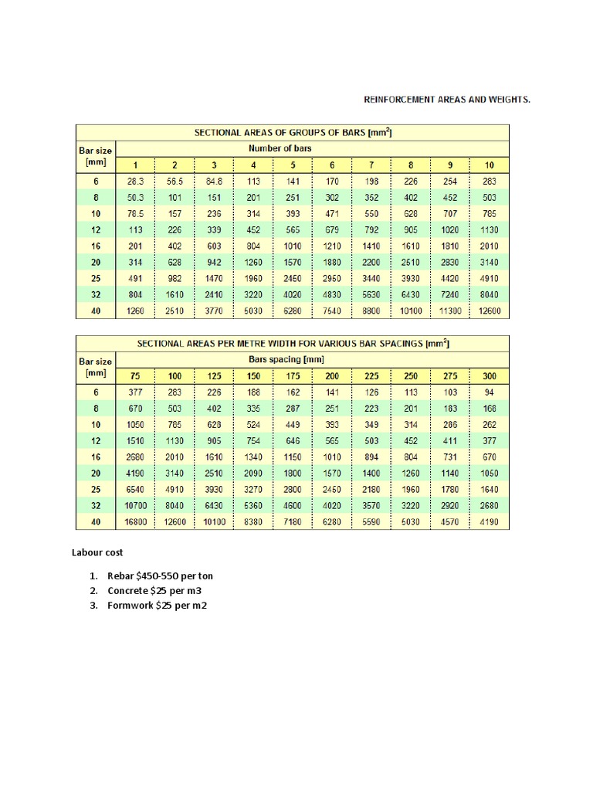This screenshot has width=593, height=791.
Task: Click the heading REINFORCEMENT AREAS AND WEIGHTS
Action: (447, 100)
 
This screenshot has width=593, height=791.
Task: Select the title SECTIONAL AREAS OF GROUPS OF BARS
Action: (292, 133)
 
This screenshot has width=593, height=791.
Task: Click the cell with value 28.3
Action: (135, 181)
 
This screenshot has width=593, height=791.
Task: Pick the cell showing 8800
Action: (372, 311)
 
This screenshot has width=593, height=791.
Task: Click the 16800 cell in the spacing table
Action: (135, 523)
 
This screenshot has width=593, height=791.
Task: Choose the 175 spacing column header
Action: (293, 376)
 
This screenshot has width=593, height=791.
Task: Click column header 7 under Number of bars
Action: (372, 165)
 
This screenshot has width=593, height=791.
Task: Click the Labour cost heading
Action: (97, 553)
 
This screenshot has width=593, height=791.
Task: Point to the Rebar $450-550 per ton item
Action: (160, 576)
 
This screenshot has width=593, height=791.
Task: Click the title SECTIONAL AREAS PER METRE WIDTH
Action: (292, 344)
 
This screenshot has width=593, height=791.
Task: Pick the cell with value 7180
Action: (293, 523)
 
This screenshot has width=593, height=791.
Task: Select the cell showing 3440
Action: (372, 279)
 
